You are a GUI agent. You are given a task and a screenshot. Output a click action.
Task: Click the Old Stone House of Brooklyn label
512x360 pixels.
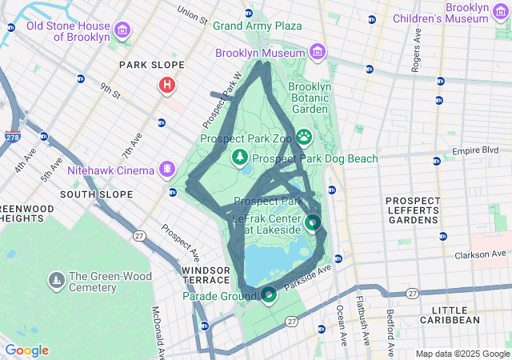[67, 31]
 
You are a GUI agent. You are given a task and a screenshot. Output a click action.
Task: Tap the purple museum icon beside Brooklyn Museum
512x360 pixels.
[318, 53]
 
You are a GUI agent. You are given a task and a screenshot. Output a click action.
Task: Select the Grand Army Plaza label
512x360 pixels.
[257, 26]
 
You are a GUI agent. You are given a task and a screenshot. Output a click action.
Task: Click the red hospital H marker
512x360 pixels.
[167, 84]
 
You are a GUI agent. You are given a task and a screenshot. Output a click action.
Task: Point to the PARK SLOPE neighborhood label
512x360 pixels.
[151, 65]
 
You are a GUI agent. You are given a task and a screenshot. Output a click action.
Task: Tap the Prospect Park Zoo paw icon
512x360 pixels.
[304, 138]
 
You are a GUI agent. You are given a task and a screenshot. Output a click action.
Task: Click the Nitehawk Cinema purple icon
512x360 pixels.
[166, 169]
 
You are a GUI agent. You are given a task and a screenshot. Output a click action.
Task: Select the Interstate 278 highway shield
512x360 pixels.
[13, 138]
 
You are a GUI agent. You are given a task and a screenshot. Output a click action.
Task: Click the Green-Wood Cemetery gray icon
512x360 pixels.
[56, 280]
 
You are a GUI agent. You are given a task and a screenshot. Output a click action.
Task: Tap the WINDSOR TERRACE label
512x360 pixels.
[204, 276]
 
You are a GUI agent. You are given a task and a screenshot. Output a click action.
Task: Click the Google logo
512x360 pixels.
[26, 350]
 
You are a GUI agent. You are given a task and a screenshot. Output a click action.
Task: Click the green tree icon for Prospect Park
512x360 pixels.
[240, 157]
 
